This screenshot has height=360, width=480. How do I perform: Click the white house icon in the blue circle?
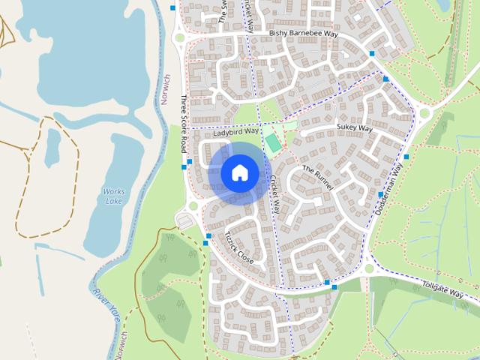point(240,172)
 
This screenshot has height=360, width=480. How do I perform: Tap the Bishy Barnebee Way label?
point(303,34)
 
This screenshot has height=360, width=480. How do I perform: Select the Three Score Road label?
point(183,124)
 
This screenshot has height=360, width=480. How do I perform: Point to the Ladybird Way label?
point(235,132)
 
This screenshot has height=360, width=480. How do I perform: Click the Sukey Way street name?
point(354,128)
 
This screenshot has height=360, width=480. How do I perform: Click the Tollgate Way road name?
point(442,289)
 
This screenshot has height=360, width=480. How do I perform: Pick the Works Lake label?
point(114,196)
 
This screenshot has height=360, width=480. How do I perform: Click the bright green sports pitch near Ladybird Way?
point(271,141)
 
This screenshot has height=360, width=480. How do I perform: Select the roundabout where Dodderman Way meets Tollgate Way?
point(369,269)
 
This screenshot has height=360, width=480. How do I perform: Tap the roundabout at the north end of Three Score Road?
point(178,37)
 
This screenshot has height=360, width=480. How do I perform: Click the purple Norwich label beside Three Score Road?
point(166,89)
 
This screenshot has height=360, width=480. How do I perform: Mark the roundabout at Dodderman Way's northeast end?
point(425,114)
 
